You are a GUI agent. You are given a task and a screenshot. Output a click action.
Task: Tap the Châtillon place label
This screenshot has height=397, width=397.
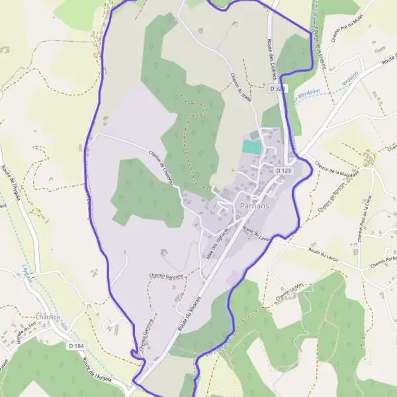48,318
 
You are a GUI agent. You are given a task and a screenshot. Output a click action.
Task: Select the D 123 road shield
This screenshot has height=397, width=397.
283,171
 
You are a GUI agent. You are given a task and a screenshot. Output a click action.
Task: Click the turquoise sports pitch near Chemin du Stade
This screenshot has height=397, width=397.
251,147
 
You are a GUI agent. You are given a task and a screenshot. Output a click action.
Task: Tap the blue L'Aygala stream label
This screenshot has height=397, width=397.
27,272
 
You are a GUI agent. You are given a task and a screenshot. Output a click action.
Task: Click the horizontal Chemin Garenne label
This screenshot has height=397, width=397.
165,277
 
